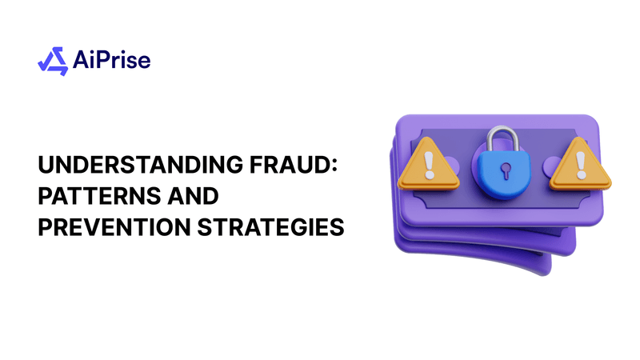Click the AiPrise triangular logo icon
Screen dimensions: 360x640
[53, 60]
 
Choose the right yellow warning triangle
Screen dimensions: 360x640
[580, 164]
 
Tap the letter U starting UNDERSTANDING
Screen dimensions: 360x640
[46, 166]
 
